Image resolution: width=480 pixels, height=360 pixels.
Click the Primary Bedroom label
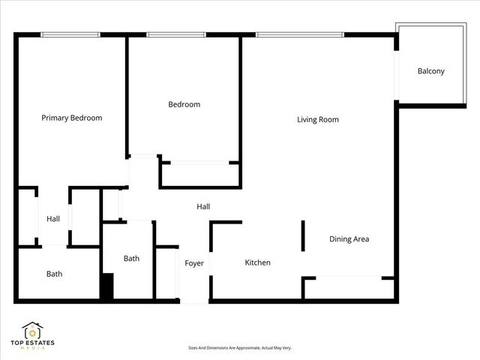pos(72,118)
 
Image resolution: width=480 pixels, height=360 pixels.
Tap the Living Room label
pos(318,119)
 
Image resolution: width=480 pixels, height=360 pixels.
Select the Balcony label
pos(431,71)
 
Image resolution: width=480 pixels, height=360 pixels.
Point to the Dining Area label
pos(349,239)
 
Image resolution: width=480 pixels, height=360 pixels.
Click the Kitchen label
pos(258,262)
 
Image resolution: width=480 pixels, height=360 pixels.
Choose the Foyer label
pos(195,263)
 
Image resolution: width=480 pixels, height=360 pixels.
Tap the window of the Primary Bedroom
pos(70,34)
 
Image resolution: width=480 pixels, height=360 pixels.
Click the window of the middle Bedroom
pos(176,34)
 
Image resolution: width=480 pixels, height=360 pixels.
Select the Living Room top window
pos(300,34)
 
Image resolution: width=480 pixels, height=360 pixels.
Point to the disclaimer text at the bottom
pos(239,348)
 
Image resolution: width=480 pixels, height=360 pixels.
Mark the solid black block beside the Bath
pos(106,287)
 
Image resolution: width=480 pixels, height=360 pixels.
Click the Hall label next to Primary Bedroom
pos(53,219)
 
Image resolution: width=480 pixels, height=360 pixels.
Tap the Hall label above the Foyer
pos(203,206)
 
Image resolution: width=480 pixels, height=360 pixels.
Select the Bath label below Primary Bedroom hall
pos(55,274)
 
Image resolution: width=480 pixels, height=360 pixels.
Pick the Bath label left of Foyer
pos(132,259)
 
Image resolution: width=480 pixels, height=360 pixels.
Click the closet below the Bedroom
pos(199,174)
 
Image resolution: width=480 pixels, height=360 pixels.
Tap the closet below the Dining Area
pos(349,288)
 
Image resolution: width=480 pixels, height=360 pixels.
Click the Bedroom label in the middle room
pos(184,104)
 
